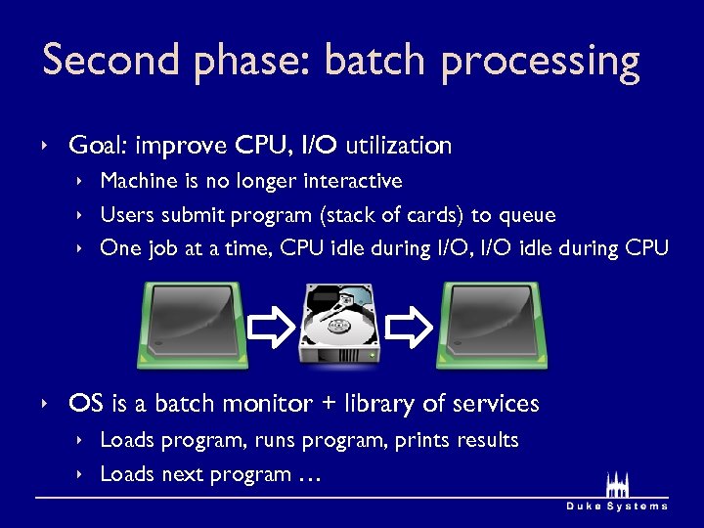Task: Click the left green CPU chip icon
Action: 192,326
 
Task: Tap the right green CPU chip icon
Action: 494,326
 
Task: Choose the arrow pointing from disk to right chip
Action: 409,327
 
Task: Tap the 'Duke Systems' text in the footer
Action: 617,506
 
